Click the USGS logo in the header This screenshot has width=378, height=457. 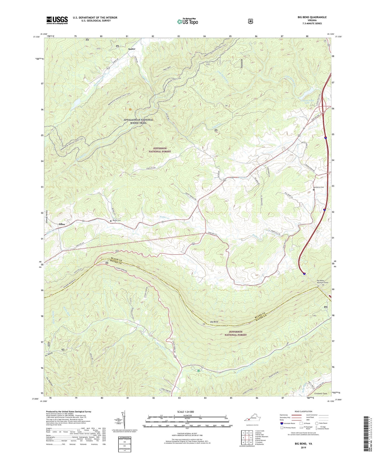pyautogui.click(x=57, y=20)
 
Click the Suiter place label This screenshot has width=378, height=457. pyautogui.click(x=132, y=49)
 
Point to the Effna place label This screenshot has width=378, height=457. pyautogui.click(x=62, y=224)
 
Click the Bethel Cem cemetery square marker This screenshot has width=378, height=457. pyautogui.click(x=111, y=221)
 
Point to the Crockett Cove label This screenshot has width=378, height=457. pyautogui.click(x=321, y=393)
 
